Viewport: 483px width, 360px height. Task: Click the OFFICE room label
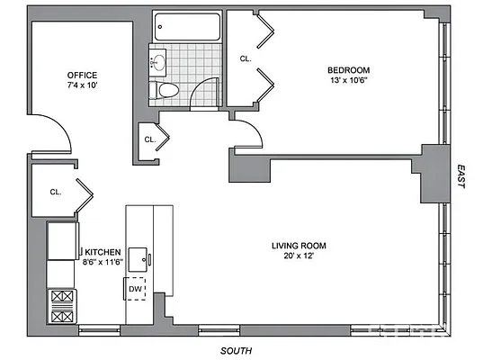pyautogui.click(x=82, y=75)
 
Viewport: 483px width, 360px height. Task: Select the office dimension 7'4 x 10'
pyautogui.click(x=82, y=85)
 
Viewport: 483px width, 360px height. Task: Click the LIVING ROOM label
pyautogui.click(x=299, y=245)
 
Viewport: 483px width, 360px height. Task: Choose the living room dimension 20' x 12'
pyautogui.click(x=299, y=256)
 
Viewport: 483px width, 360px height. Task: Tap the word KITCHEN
pyautogui.click(x=100, y=252)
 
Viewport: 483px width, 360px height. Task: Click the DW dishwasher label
pyautogui.click(x=134, y=289)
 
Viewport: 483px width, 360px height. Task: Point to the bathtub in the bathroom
pyautogui.click(x=186, y=26)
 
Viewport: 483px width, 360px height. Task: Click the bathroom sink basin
pyautogui.click(x=160, y=62)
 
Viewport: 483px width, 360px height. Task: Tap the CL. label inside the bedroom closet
pyautogui.click(x=246, y=58)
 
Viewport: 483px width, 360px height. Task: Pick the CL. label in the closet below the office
pyautogui.click(x=55, y=192)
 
